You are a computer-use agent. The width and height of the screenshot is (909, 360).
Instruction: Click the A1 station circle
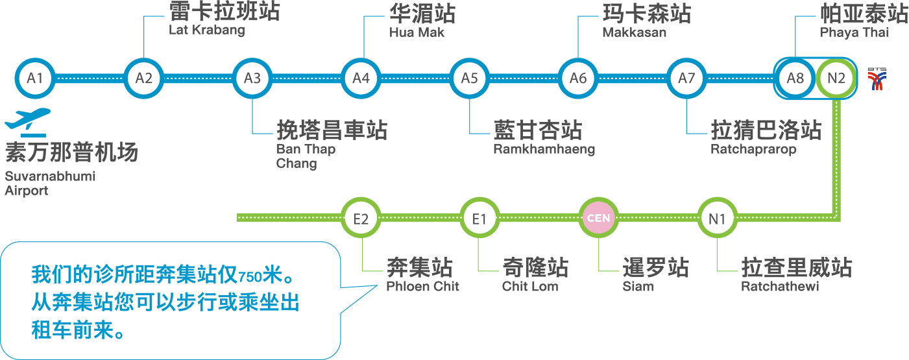coord(35,78)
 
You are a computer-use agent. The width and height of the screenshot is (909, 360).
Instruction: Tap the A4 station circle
coord(361,78)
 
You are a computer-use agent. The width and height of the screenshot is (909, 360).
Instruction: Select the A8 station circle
coord(795,78)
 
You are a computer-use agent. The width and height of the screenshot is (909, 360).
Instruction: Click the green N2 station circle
coord(837,78)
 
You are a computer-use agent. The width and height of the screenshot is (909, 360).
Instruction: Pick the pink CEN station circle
coord(598,218)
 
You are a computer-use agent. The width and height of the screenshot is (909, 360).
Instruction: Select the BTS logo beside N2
coord(878,78)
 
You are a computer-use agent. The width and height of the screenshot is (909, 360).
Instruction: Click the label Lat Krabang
coord(207,30)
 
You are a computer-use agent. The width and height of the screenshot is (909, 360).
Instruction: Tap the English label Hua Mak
coord(417,32)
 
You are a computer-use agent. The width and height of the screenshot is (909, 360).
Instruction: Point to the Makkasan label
coord(634,32)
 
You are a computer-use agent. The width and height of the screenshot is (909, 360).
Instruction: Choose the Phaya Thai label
coord(854,32)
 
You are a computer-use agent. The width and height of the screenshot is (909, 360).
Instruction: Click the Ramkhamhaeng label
coord(544,150)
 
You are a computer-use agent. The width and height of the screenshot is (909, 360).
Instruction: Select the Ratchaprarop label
coord(753,150)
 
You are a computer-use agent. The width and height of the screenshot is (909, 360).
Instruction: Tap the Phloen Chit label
coord(423,286)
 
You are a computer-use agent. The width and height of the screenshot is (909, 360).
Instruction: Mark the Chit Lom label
coord(530,286)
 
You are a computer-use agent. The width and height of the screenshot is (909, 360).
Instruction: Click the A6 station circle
coord(578,78)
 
